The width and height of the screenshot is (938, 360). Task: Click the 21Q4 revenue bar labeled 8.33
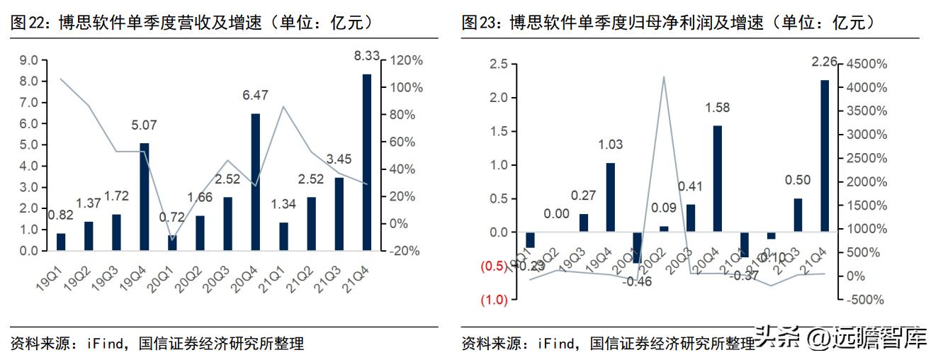pos(367,162)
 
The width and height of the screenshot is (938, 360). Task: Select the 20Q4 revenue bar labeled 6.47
pos(256,182)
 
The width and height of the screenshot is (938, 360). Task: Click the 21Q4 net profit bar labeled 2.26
pos(824,155)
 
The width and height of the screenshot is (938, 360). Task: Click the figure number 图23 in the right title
pos(477,23)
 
